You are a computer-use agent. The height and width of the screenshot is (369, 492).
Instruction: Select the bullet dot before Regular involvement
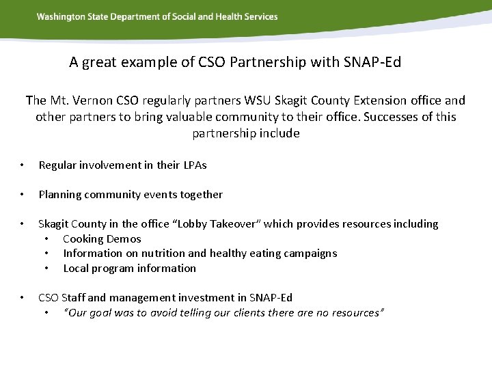tap(23, 165)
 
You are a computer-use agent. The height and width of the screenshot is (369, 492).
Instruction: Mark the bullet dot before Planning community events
tap(23, 195)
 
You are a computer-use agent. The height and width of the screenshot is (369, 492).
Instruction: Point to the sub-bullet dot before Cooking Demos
tap(46, 239)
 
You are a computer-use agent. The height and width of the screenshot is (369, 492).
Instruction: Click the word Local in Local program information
tap(76, 269)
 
